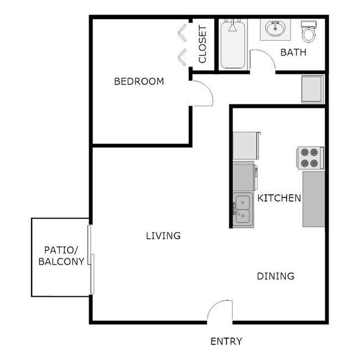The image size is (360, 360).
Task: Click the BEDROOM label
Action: click(x=138, y=81)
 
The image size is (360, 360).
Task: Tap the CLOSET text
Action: click(x=202, y=44)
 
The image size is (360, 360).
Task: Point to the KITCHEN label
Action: click(x=279, y=198)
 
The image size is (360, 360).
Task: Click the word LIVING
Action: click(x=163, y=235)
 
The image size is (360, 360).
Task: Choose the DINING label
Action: click(x=275, y=276)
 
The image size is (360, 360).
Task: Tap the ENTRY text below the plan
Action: click(x=226, y=341)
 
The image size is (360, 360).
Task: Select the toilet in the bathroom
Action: click(x=308, y=32)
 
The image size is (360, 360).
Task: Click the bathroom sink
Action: click(x=275, y=29)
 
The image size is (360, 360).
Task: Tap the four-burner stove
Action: click(x=310, y=157)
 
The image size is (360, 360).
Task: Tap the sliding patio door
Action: click(x=91, y=257)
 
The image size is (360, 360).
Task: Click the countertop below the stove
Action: click(x=313, y=198)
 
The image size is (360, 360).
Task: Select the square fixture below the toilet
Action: click(x=312, y=89)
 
